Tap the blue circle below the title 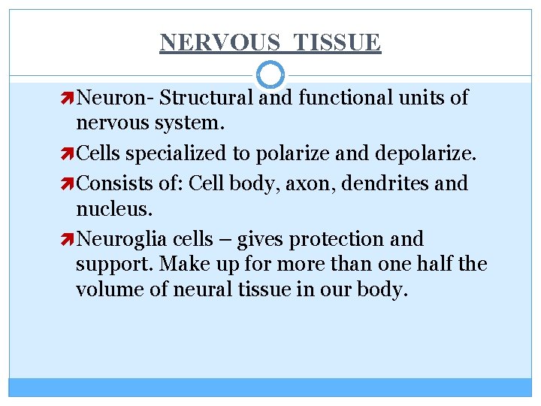[x=270, y=74]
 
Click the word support [x=109, y=265]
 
